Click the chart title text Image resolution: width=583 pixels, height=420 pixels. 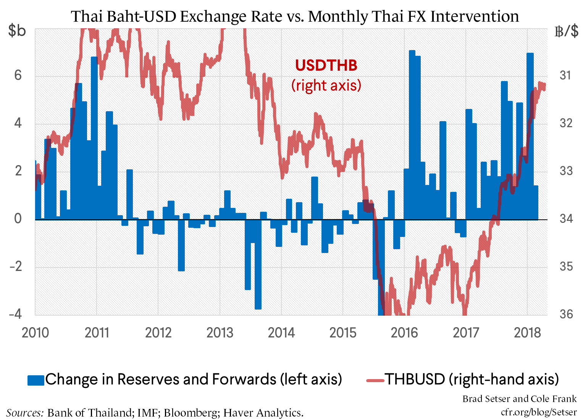click(295, 16)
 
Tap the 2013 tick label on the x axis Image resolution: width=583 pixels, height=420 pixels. click(220, 332)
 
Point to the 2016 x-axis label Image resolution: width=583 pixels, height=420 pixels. click(404, 332)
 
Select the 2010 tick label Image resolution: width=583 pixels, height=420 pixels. click(35, 332)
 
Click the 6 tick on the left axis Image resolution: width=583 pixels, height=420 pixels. click(18, 75)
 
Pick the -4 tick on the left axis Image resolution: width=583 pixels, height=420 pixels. click(15, 314)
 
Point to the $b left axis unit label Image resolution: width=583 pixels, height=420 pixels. click(17, 31)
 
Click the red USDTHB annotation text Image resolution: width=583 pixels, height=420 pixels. click(326, 65)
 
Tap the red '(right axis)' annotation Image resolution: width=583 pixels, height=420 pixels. click(326, 85)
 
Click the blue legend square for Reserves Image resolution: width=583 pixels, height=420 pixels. click(36, 380)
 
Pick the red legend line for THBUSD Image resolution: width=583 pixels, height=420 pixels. click(375, 380)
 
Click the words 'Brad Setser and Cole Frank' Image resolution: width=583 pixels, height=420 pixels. click(519, 399)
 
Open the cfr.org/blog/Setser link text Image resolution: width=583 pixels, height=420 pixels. click(539, 412)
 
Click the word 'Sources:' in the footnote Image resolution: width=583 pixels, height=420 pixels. click(25, 413)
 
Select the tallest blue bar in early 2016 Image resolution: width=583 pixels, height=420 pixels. click(412, 134)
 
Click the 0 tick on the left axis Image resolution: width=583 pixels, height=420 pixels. click(18, 219)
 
